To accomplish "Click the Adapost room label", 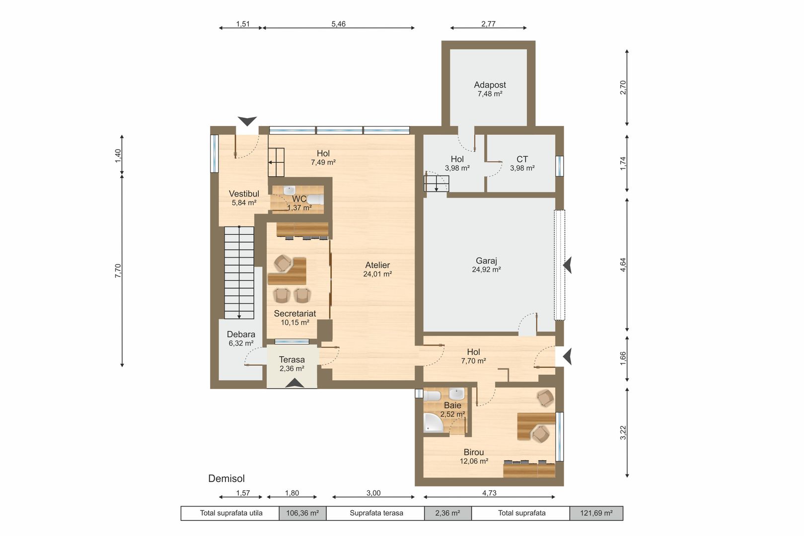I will (x=490, y=85).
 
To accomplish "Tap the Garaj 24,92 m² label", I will (x=486, y=265).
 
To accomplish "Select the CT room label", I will (x=522, y=159).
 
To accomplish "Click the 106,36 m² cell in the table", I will (x=302, y=513).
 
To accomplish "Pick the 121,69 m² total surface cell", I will (x=596, y=513).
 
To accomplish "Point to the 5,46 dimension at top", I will (x=338, y=24).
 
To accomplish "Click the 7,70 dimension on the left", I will (x=118, y=270).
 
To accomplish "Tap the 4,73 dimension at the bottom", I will (x=489, y=493).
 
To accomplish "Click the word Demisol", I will (x=226, y=478).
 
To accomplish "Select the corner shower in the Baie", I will (x=433, y=423).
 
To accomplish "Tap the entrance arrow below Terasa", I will (x=294, y=383).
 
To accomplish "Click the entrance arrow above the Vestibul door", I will (x=247, y=121).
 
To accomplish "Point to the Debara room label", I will (x=241, y=335).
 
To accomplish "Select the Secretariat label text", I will (x=295, y=314).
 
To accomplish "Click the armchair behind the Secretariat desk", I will (x=283, y=263).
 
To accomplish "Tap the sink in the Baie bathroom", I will (x=456, y=394).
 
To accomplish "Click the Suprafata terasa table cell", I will (x=376, y=513).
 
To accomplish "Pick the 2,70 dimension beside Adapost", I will (x=623, y=87).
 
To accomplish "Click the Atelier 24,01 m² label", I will (x=377, y=269).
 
